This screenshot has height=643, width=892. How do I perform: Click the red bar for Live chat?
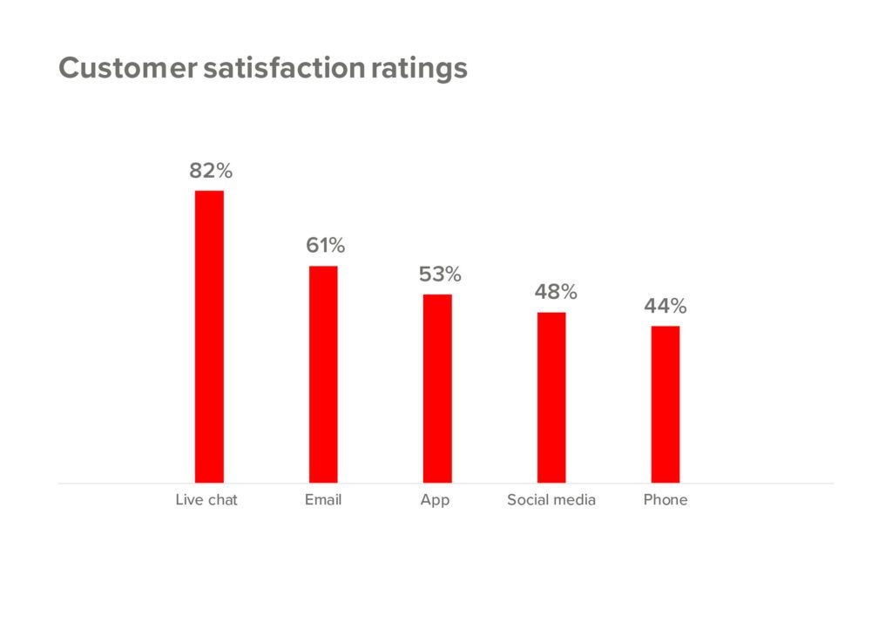(x=209, y=336)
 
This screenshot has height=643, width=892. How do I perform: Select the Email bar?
(x=323, y=374)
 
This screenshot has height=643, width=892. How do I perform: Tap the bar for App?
(x=437, y=389)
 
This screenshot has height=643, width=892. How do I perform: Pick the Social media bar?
(x=551, y=397)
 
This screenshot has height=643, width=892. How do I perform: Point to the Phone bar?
(x=666, y=404)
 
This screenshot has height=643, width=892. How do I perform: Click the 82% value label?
(x=211, y=171)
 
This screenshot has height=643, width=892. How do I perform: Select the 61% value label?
(x=325, y=246)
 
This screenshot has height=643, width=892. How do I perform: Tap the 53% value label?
(x=440, y=274)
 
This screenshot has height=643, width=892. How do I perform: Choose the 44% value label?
(x=666, y=307)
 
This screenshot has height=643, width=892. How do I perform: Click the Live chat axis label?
(x=206, y=500)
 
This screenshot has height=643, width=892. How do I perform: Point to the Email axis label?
(x=323, y=500)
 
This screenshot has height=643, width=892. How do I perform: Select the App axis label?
(x=435, y=501)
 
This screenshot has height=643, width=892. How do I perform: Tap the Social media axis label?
(x=551, y=500)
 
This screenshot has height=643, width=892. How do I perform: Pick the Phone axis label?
(x=666, y=500)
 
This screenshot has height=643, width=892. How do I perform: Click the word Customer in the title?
(x=128, y=68)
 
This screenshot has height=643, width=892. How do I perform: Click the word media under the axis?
(x=575, y=500)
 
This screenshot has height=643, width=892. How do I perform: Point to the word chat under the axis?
(x=222, y=500)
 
